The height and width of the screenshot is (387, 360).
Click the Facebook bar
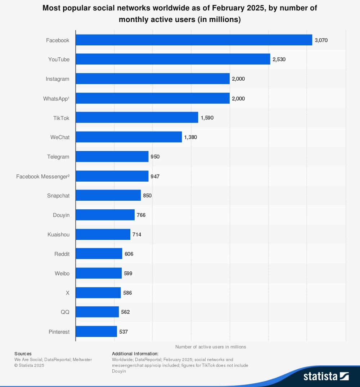click(194, 40)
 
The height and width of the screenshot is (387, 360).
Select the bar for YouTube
click(173, 59)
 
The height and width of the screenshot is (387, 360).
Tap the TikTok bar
click(137, 117)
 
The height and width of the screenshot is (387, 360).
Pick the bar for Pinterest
click(96, 332)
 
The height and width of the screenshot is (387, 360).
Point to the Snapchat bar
click(108, 195)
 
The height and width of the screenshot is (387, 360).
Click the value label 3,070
click(321, 40)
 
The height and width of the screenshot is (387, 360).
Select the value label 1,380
click(190, 137)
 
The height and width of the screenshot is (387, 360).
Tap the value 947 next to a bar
click(155, 176)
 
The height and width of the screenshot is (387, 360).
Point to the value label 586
click(127, 293)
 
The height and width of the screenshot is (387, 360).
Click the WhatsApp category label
click(56, 98)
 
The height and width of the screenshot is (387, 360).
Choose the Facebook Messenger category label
click(43, 176)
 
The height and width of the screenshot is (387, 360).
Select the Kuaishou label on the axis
click(58, 235)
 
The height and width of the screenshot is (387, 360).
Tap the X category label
click(67, 293)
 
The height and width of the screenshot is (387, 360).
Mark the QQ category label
click(65, 312)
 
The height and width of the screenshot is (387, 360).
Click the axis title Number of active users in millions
click(211, 347)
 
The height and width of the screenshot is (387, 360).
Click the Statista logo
click(326, 376)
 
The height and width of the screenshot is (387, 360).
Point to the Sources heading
click(23, 353)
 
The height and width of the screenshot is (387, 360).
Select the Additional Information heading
click(135, 353)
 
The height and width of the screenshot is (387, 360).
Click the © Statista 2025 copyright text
click(29, 365)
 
